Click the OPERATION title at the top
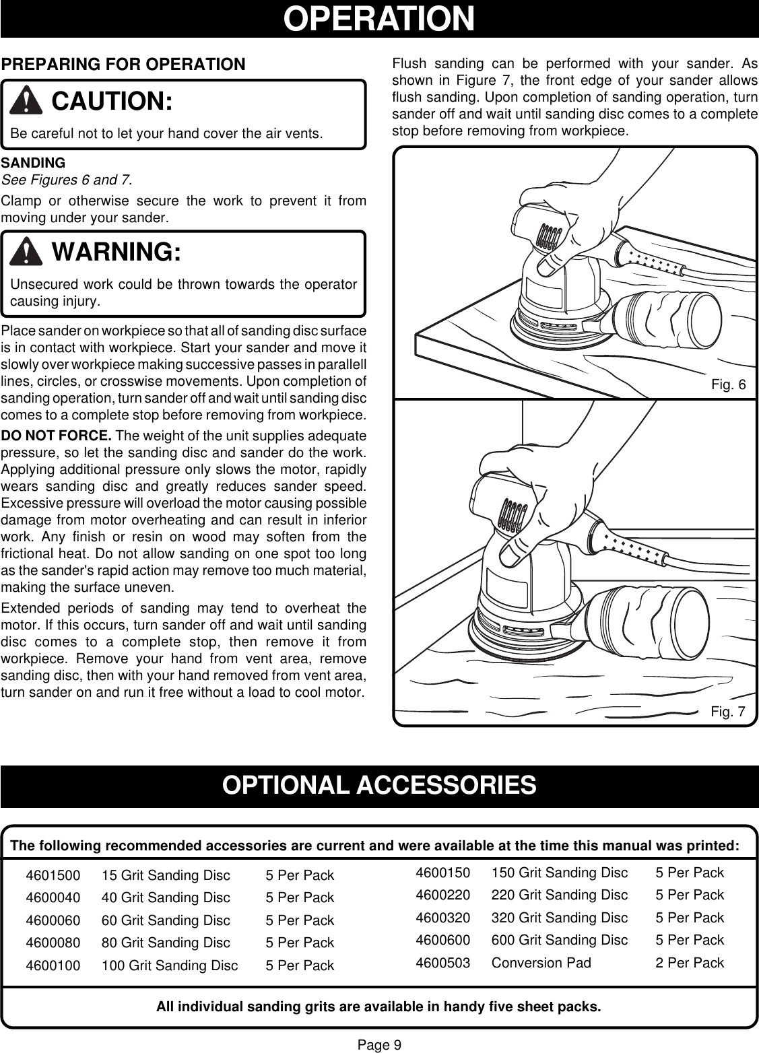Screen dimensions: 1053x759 point(379,19)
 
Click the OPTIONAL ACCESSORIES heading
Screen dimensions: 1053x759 point(379,785)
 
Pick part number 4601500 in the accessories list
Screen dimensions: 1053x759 point(53,876)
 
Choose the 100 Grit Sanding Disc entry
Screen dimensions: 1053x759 point(170,965)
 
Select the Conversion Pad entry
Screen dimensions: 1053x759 point(541,962)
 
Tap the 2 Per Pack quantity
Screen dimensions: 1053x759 point(690,962)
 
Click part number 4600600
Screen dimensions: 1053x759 point(443,939)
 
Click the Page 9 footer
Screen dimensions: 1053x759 point(379,1044)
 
